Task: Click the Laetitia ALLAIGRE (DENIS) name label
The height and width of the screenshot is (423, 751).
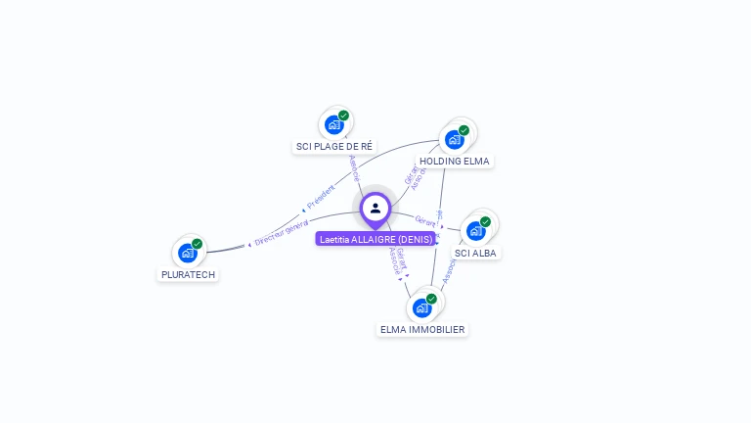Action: click(375, 238)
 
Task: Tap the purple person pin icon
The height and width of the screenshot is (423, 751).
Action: click(375, 209)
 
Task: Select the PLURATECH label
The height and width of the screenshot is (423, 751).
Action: click(188, 274)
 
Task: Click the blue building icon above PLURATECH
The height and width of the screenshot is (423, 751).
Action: click(188, 253)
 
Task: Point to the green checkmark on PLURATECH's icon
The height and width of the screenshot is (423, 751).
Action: click(198, 244)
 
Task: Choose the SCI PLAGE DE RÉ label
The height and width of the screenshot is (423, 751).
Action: click(334, 146)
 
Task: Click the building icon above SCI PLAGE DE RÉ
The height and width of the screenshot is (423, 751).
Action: click(334, 124)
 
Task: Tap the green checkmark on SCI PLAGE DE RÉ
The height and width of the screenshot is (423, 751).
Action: click(344, 116)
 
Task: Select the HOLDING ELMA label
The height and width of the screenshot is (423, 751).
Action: click(454, 161)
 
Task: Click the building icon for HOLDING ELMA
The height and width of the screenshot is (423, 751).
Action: click(454, 139)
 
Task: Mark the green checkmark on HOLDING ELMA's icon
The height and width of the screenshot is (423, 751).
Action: click(464, 130)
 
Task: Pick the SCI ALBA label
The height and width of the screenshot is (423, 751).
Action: click(475, 253)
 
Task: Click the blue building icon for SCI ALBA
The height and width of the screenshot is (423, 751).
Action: click(475, 231)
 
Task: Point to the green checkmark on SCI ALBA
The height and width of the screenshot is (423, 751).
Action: click(485, 222)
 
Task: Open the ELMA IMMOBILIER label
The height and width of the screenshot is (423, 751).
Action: click(422, 329)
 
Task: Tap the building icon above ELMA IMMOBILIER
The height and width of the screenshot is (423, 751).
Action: click(421, 307)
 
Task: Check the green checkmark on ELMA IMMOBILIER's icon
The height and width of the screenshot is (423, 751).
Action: click(431, 299)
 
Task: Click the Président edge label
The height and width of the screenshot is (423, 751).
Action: click(321, 196)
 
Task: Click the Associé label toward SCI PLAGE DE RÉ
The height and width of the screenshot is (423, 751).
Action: click(354, 168)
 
